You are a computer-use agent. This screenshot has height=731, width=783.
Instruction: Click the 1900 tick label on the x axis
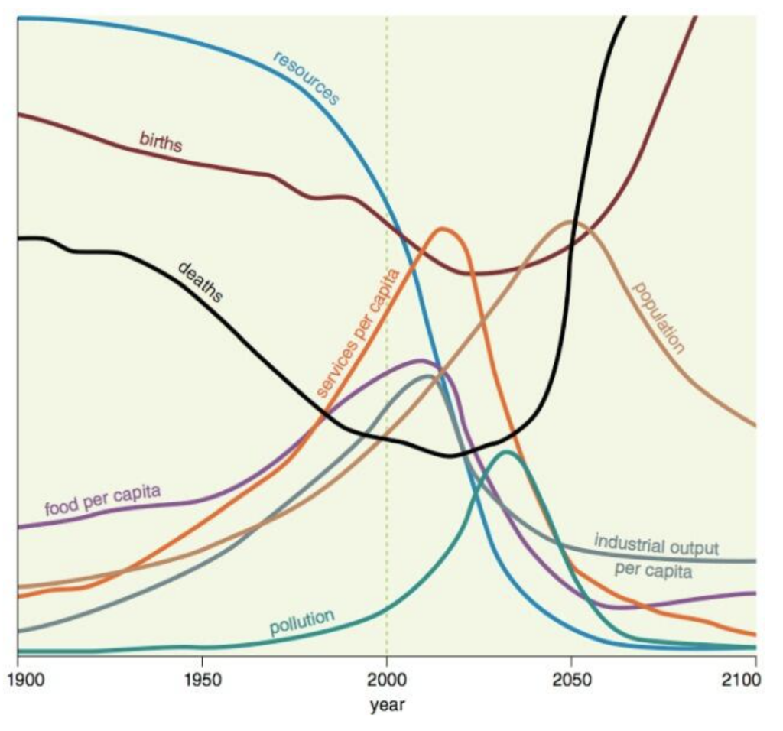tap(18, 678)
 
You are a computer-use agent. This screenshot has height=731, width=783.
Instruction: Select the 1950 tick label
tap(202, 678)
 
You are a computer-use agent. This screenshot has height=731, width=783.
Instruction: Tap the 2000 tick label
tap(386, 678)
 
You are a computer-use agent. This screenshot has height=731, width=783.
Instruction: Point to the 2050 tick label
tap(571, 678)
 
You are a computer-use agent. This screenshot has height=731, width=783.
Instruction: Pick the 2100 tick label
tap(755, 678)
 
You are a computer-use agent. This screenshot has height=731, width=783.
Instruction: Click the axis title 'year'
tap(387, 704)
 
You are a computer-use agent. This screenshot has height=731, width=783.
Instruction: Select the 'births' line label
tap(161, 141)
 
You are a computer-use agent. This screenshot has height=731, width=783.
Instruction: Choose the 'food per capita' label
tap(102, 499)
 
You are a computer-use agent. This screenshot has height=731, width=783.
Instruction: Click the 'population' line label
tap(658, 317)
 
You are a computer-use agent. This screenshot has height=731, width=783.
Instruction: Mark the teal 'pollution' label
tap(302, 622)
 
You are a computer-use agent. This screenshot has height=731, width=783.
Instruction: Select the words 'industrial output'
tap(657, 546)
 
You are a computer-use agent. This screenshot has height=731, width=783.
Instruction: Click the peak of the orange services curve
tap(441, 228)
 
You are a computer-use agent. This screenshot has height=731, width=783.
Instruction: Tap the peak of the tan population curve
tap(571, 222)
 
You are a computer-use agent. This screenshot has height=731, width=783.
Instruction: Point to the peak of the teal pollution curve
tap(505, 451)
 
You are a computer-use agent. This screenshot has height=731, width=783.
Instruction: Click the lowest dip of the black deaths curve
tap(451, 456)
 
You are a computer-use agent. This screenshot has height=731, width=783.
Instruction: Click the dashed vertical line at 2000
tap(386, 229)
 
